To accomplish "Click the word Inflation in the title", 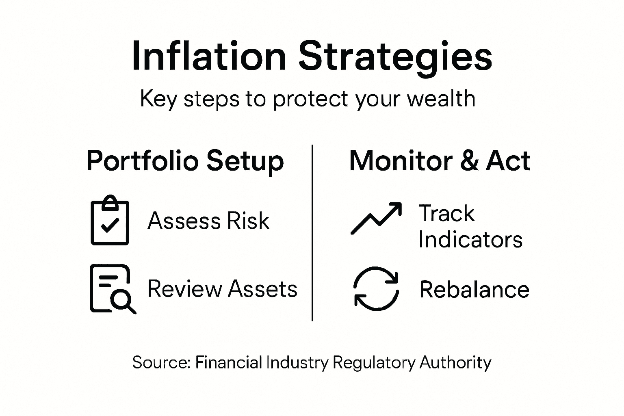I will pyautogui.click(x=209, y=56).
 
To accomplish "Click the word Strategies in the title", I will pyautogui.click(x=395, y=57).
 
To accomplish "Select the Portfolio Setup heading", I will pyautogui.click(x=185, y=161).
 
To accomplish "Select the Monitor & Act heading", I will pyautogui.click(x=440, y=160).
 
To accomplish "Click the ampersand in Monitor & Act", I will pyautogui.click(x=469, y=161).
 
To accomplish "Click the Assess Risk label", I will pyautogui.click(x=208, y=221).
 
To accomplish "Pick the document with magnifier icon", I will pyautogui.click(x=112, y=289).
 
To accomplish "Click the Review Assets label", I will pyautogui.click(x=222, y=289).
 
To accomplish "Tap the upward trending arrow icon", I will pyautogui.click(x=376, y=218).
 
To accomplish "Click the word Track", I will pyautogui.click(x=446, y=213).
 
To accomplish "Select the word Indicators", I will pyautogui.click(x=470, y=240).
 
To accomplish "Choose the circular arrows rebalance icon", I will pyautogui.click(x=376, y=289).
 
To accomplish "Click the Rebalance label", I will pyautogui.click(x=474, y=290).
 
